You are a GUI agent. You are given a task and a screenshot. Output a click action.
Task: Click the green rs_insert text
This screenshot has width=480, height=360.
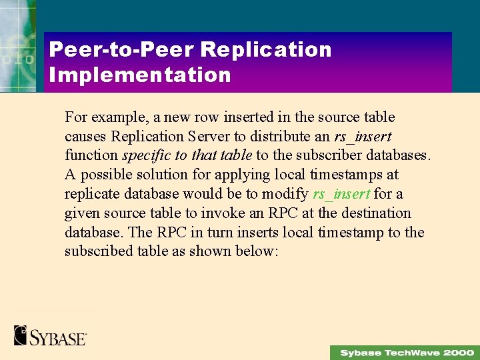[341, 194]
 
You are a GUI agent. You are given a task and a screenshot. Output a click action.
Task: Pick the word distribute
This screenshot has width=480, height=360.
[299, 137]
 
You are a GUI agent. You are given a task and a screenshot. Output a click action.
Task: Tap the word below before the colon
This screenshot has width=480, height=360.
[253, 251]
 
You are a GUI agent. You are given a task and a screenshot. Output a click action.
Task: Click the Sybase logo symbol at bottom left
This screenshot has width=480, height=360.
[21, 335]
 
